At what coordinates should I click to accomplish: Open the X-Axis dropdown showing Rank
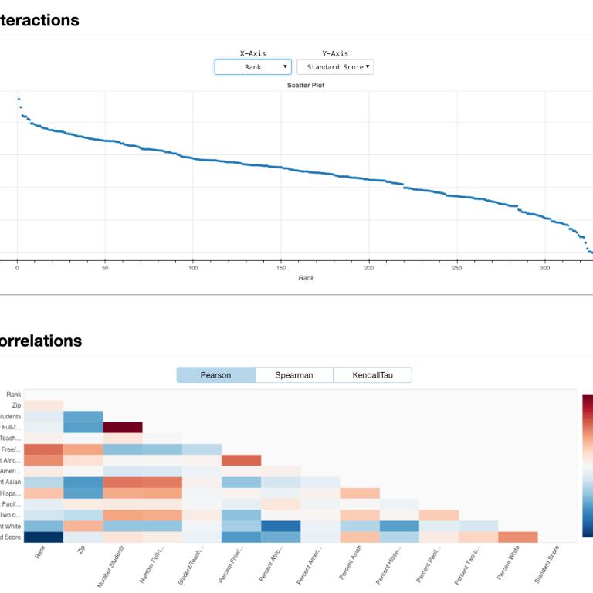[x=253, y=67]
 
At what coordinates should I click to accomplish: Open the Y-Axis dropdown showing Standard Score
[x=335, y=67]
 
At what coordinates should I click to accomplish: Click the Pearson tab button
[x=215, y=375]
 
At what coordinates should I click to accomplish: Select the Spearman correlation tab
[x=294, y=375]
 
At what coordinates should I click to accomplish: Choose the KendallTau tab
[x=372, y=375]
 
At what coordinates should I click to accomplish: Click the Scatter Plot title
[x=306, y=85]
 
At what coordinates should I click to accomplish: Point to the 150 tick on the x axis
[x=281, y=268]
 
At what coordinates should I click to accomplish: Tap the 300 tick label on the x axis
[x=545, y=268]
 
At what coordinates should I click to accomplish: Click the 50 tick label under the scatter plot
[x=105, y=268]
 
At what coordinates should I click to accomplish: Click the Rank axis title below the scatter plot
[x=306, y=277]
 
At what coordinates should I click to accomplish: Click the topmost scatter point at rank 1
[x=19, y=99]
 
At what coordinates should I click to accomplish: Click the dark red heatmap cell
[x=123, y=427]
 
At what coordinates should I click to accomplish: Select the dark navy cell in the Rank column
[x=43, y=537]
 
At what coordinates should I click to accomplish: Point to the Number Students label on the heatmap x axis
[x=110, y=568]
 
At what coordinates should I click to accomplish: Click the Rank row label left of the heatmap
[x=14, y=395]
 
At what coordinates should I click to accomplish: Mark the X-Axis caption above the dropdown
[x=252, y=53]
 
